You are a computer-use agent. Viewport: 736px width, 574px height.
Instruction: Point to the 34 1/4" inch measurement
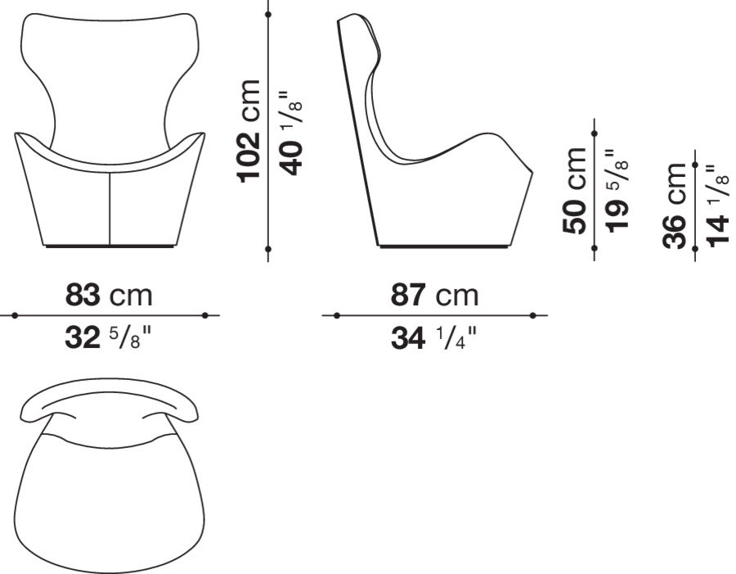434,337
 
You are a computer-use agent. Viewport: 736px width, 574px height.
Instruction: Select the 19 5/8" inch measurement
620,190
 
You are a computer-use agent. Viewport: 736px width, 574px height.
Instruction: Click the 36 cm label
677,205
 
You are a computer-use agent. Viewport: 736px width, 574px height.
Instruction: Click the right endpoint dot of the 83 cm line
205,314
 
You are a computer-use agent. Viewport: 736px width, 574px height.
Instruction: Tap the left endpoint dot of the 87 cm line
336,314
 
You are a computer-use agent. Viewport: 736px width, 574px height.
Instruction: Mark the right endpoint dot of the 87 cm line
532,314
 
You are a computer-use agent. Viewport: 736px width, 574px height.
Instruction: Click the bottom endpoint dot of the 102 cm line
268,247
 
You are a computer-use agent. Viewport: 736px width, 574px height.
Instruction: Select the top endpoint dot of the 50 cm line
594,133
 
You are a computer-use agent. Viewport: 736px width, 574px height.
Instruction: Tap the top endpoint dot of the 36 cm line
695,165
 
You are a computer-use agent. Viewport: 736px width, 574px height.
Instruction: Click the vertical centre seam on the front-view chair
110,209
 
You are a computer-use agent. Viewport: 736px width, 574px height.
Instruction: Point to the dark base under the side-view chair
442,246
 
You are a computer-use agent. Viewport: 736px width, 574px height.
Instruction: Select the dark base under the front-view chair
110,246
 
